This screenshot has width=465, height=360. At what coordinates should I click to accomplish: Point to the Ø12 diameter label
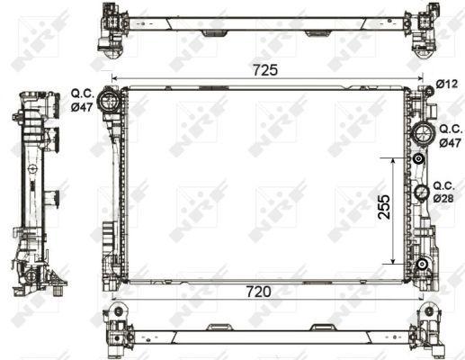(x=447, y=85)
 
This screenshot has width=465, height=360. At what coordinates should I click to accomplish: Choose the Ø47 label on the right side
(x=449, y=143)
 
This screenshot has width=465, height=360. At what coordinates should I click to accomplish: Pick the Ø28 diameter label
(x=443, y=197)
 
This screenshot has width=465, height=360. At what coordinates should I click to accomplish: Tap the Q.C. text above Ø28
(x=443, y=184)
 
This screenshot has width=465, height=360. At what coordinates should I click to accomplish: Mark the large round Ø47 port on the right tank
(x=422, y=133)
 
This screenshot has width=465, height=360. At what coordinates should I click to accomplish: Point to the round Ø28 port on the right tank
(x=421, y=192)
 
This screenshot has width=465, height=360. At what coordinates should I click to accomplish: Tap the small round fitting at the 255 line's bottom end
(x=420, y=264)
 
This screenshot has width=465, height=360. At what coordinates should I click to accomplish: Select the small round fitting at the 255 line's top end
(x=419, y=159)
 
